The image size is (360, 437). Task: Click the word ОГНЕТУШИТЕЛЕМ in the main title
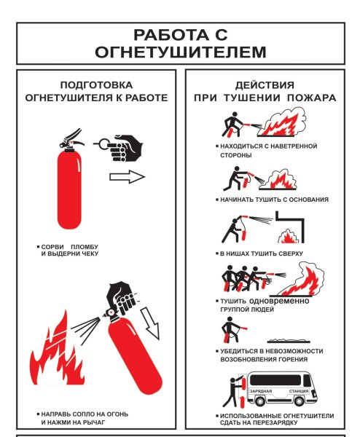pyautogui.click(x=180, y=52)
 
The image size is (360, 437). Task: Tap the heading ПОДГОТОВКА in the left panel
pyautogui.click(x=96, y=84)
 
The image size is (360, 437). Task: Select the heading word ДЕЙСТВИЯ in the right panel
pyautogui.click(x=265, y=84)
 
